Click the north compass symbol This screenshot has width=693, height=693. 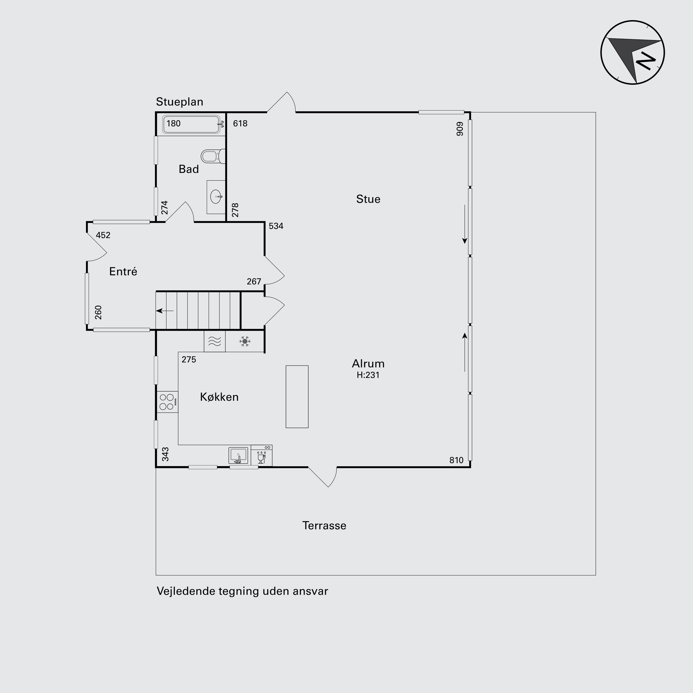632,52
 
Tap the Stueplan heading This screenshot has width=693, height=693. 179,102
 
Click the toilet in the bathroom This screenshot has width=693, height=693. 213,156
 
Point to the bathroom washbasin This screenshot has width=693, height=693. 216,197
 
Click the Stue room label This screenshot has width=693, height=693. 368,199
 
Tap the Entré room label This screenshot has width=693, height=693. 123,271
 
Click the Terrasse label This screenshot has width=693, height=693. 324,526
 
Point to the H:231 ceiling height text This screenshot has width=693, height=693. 368,375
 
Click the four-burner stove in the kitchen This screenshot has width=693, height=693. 167,402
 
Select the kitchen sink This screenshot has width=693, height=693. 238,456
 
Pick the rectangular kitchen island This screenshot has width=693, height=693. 297,397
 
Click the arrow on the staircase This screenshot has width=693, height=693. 165,311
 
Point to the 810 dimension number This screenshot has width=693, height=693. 456,460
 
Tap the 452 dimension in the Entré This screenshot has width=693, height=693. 103,235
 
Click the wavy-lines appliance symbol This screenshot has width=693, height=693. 215,341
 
